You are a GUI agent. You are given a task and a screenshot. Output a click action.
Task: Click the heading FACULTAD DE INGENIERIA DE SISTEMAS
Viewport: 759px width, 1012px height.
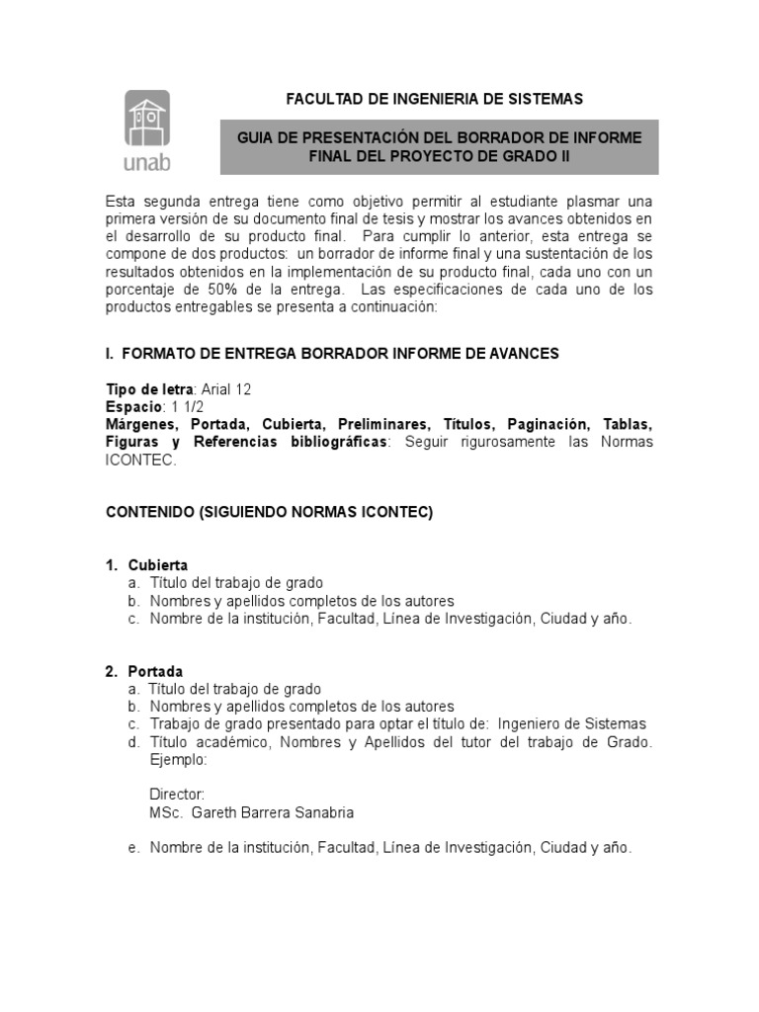(434, 99)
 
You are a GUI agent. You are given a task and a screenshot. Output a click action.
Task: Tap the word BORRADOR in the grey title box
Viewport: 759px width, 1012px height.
(517, 136)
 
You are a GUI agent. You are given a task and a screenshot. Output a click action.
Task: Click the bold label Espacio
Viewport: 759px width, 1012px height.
(133, 406)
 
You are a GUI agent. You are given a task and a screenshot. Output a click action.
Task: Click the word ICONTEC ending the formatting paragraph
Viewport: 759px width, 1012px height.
(141, 460)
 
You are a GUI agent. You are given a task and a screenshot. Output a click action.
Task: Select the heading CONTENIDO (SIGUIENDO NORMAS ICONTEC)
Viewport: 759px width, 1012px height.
(269, 512)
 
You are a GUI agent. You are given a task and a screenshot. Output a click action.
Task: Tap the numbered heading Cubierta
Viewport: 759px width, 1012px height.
(158, 565)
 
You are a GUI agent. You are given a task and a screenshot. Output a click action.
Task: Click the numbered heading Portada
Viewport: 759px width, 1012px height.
(155, 672)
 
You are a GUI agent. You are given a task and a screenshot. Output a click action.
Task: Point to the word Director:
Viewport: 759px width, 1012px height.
(177, 795)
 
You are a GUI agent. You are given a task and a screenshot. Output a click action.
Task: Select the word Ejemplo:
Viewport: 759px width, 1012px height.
(178, 759)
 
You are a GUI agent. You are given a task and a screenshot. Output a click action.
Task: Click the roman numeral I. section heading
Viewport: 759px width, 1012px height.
(111, 353)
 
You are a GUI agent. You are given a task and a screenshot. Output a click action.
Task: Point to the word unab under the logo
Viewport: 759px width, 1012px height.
(146, 160)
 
